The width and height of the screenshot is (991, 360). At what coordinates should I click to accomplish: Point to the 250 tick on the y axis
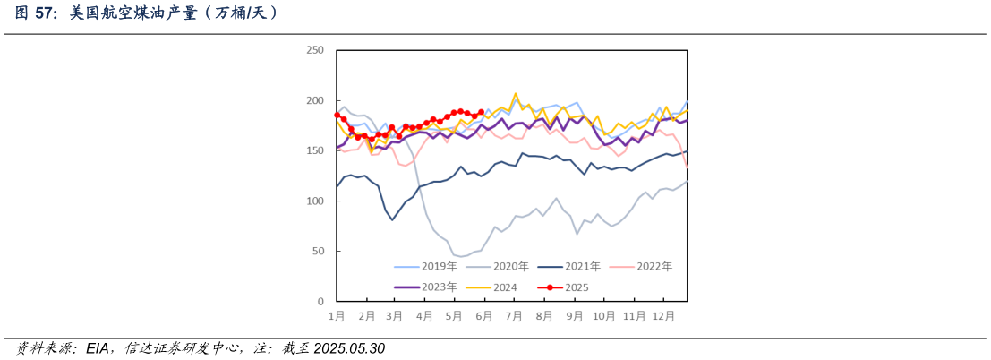[314, 50]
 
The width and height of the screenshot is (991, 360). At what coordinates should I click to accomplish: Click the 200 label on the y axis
[314, 100]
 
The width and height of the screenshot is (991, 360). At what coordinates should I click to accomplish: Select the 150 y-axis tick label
[314, 150]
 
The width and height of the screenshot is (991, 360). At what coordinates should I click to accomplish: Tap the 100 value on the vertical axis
[314, 201]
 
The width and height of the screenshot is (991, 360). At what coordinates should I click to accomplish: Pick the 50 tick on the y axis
[318, 252]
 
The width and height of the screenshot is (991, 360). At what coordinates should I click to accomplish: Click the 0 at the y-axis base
[320, 302]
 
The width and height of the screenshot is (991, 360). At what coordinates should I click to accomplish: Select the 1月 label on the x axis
[337, 316]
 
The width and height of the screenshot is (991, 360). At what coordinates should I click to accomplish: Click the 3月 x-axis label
[395, 316]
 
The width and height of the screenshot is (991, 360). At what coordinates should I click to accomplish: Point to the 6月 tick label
[484, 316]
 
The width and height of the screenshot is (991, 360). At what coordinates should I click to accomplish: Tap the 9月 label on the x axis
[574, 316]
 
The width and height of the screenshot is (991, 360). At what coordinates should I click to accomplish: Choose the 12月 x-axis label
[663, 316]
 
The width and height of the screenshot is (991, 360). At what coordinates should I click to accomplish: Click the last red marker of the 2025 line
[481, 112]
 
